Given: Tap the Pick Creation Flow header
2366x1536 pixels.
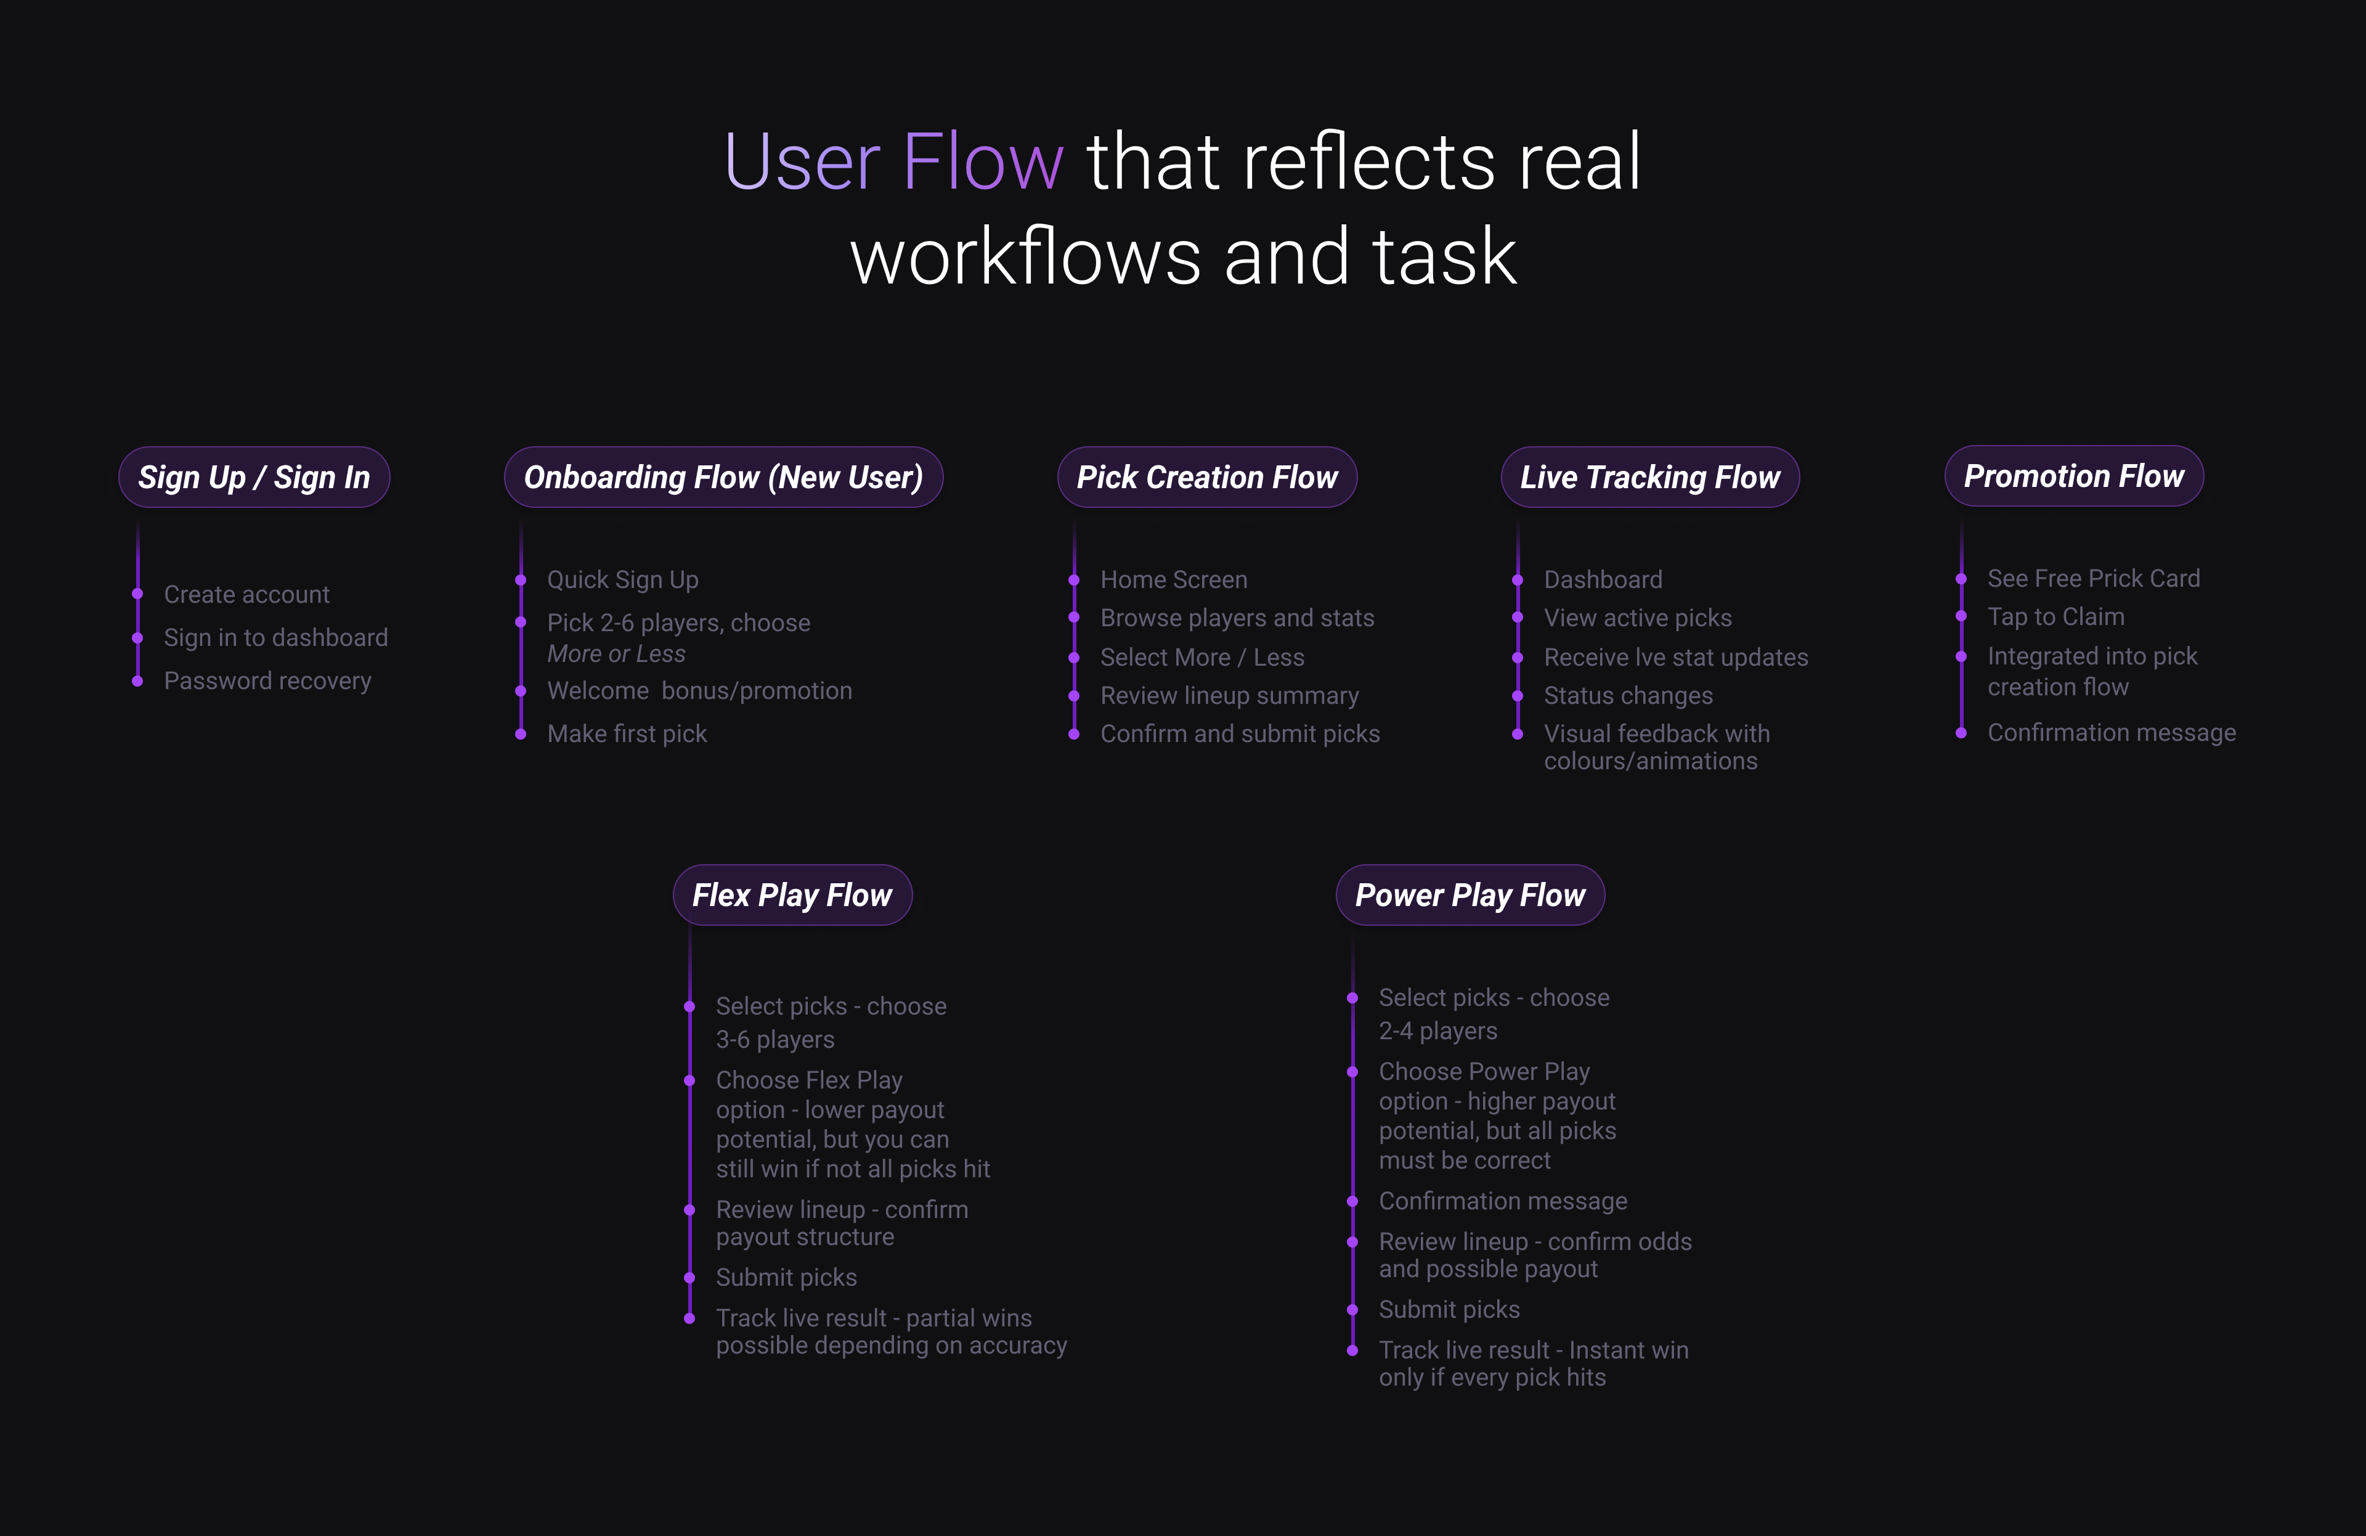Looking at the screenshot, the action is point(1207,477).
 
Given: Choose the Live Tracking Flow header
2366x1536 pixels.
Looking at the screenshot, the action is point(1649,477).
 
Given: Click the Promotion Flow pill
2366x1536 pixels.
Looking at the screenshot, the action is point(2074,476).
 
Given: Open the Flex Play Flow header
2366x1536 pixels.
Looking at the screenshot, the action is point(792,895).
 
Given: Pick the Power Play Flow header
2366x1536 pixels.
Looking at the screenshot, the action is point(1470,895).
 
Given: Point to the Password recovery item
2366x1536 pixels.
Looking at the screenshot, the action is point(267,681).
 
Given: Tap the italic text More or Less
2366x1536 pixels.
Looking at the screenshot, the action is point(616,654).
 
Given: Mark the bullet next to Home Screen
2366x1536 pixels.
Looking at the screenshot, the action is point(1074,579).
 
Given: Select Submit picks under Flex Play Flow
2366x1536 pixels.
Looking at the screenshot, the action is point(786,1278).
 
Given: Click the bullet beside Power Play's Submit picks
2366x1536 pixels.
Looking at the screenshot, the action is point(1352,1309).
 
